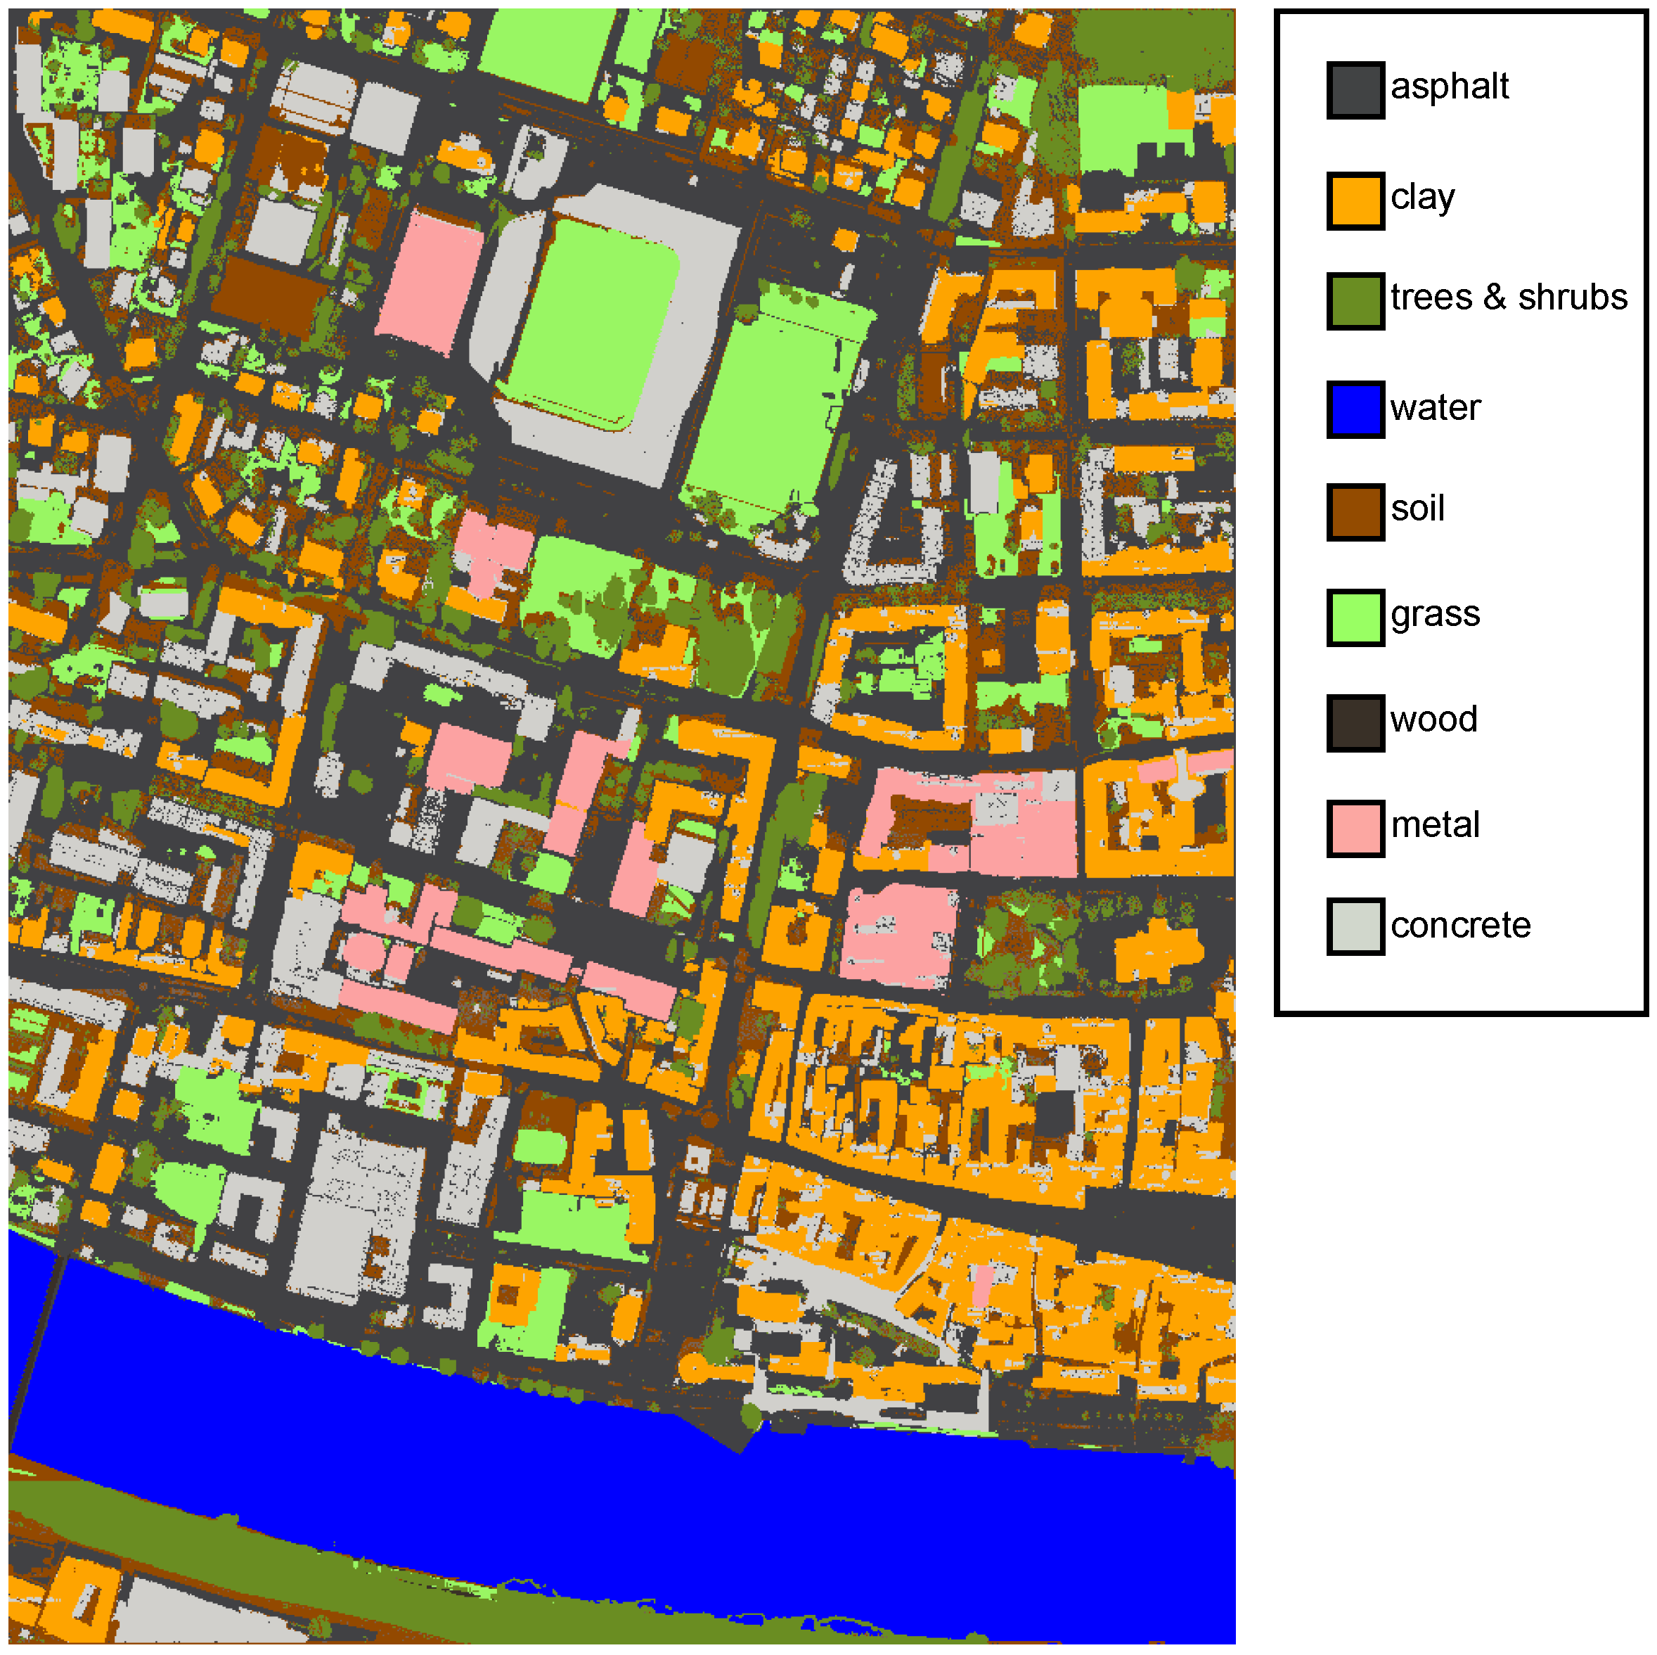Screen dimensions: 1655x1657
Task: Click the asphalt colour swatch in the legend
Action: coord(1355,90)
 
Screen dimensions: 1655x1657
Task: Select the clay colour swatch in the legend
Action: coord(1355,200)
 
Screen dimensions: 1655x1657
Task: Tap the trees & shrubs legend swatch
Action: coord(1355,300)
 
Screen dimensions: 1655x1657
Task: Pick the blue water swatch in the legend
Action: coord(1355,409)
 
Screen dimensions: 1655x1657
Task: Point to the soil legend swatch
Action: coord(1355,512)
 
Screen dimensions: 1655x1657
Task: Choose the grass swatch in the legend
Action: coord(1355,617)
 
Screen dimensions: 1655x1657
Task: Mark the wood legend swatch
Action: coord(1355,722)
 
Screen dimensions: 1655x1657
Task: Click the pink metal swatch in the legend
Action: coord(1355,828)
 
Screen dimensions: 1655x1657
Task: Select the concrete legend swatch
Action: coord(1355,926)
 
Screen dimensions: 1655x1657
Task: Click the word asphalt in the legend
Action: coord(1450,87)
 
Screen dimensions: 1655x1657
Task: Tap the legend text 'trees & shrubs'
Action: coord(1509,298)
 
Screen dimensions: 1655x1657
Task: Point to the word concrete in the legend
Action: coord(1461,925)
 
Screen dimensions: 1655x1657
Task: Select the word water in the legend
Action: coord(1436,407)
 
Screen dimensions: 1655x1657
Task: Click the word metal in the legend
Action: coord(1435,825)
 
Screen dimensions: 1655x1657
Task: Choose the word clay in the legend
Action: coord(1423,198)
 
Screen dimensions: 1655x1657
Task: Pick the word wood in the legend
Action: coord(1434,720)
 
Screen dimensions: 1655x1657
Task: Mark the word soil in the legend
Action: coord(1418,509)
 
